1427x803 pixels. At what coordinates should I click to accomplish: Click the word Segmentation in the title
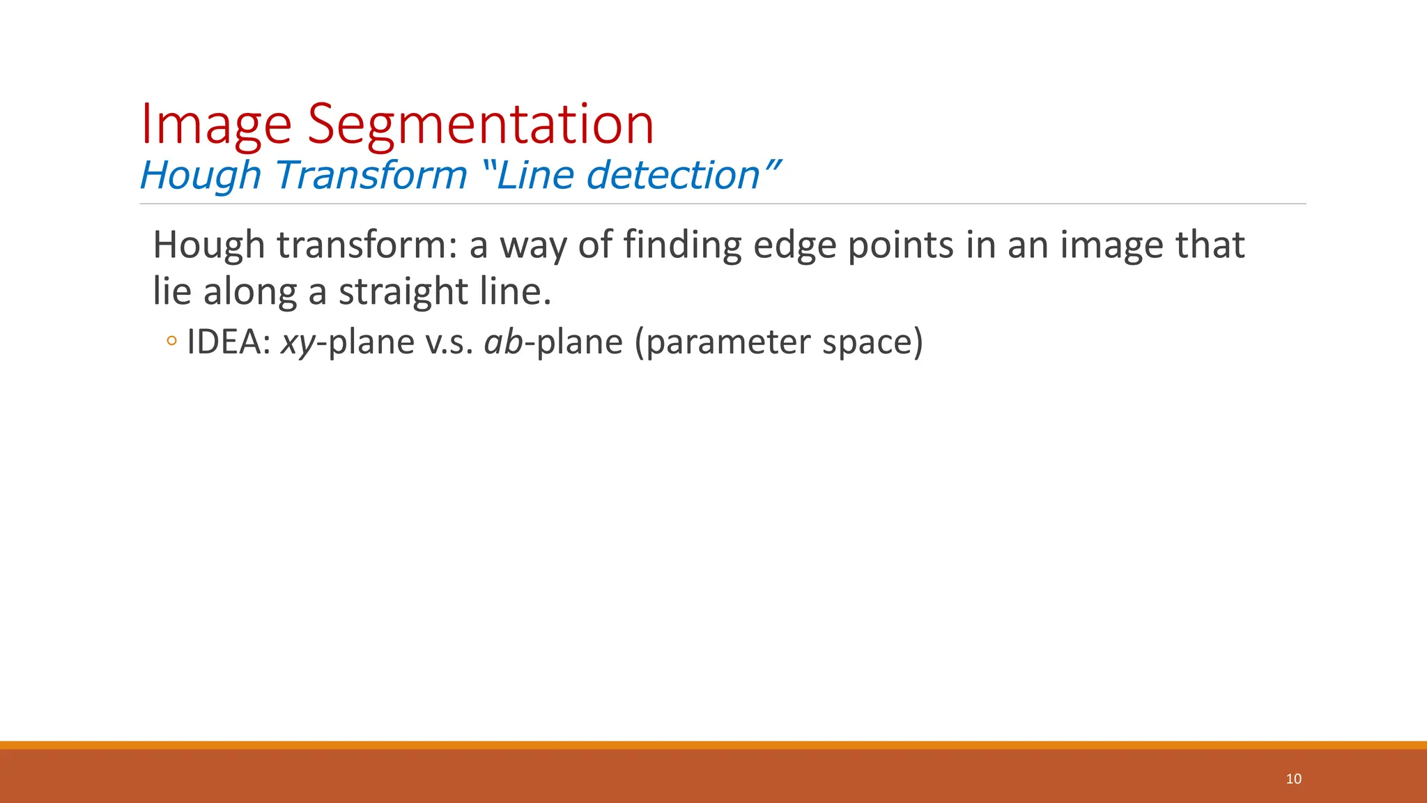pos(481,125)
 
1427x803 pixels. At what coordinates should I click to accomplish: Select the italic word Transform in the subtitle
pos(371,175)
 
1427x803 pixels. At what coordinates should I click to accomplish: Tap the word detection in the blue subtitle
pos(672,175)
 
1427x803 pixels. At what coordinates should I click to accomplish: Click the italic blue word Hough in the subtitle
pos(200,176)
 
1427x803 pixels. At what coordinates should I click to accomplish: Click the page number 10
pos(1293,779)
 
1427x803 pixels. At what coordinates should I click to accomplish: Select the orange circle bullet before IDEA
pos(171,342)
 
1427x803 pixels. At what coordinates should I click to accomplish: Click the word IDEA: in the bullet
pos(229,342)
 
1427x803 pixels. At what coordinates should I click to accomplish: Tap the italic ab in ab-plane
pos(503,342)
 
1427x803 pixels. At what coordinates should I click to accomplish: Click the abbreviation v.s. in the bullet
pos(449,342)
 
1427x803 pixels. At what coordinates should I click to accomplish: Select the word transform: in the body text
pos(367,245)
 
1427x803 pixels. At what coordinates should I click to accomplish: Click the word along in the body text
pos(250,291)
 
